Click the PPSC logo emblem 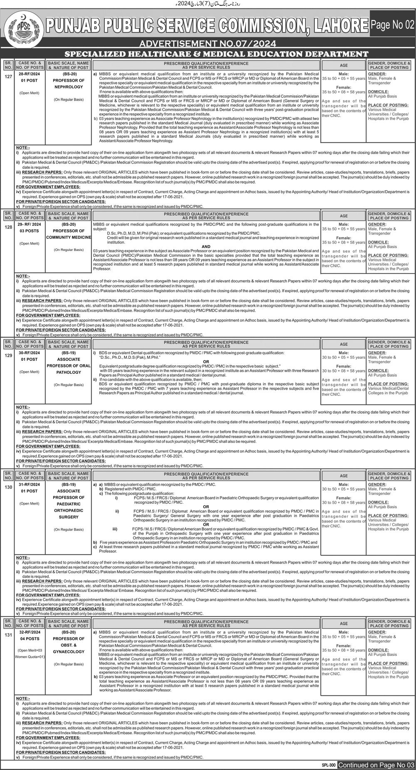click(17, 27)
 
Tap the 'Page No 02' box click(392, 25)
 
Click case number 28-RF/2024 click(30, 74)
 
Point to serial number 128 click(8, 227)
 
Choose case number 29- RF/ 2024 click(30, 224)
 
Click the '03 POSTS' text click(30, 231)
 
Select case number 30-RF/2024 click(30, 353)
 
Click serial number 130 click(8, 487)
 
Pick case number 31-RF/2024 click(30, 484)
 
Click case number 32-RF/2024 click(30, 632)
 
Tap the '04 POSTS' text click(30, 638)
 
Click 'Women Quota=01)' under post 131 click(30, 657)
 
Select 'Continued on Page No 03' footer click(376, 765)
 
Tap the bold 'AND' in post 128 click(206, 246)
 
